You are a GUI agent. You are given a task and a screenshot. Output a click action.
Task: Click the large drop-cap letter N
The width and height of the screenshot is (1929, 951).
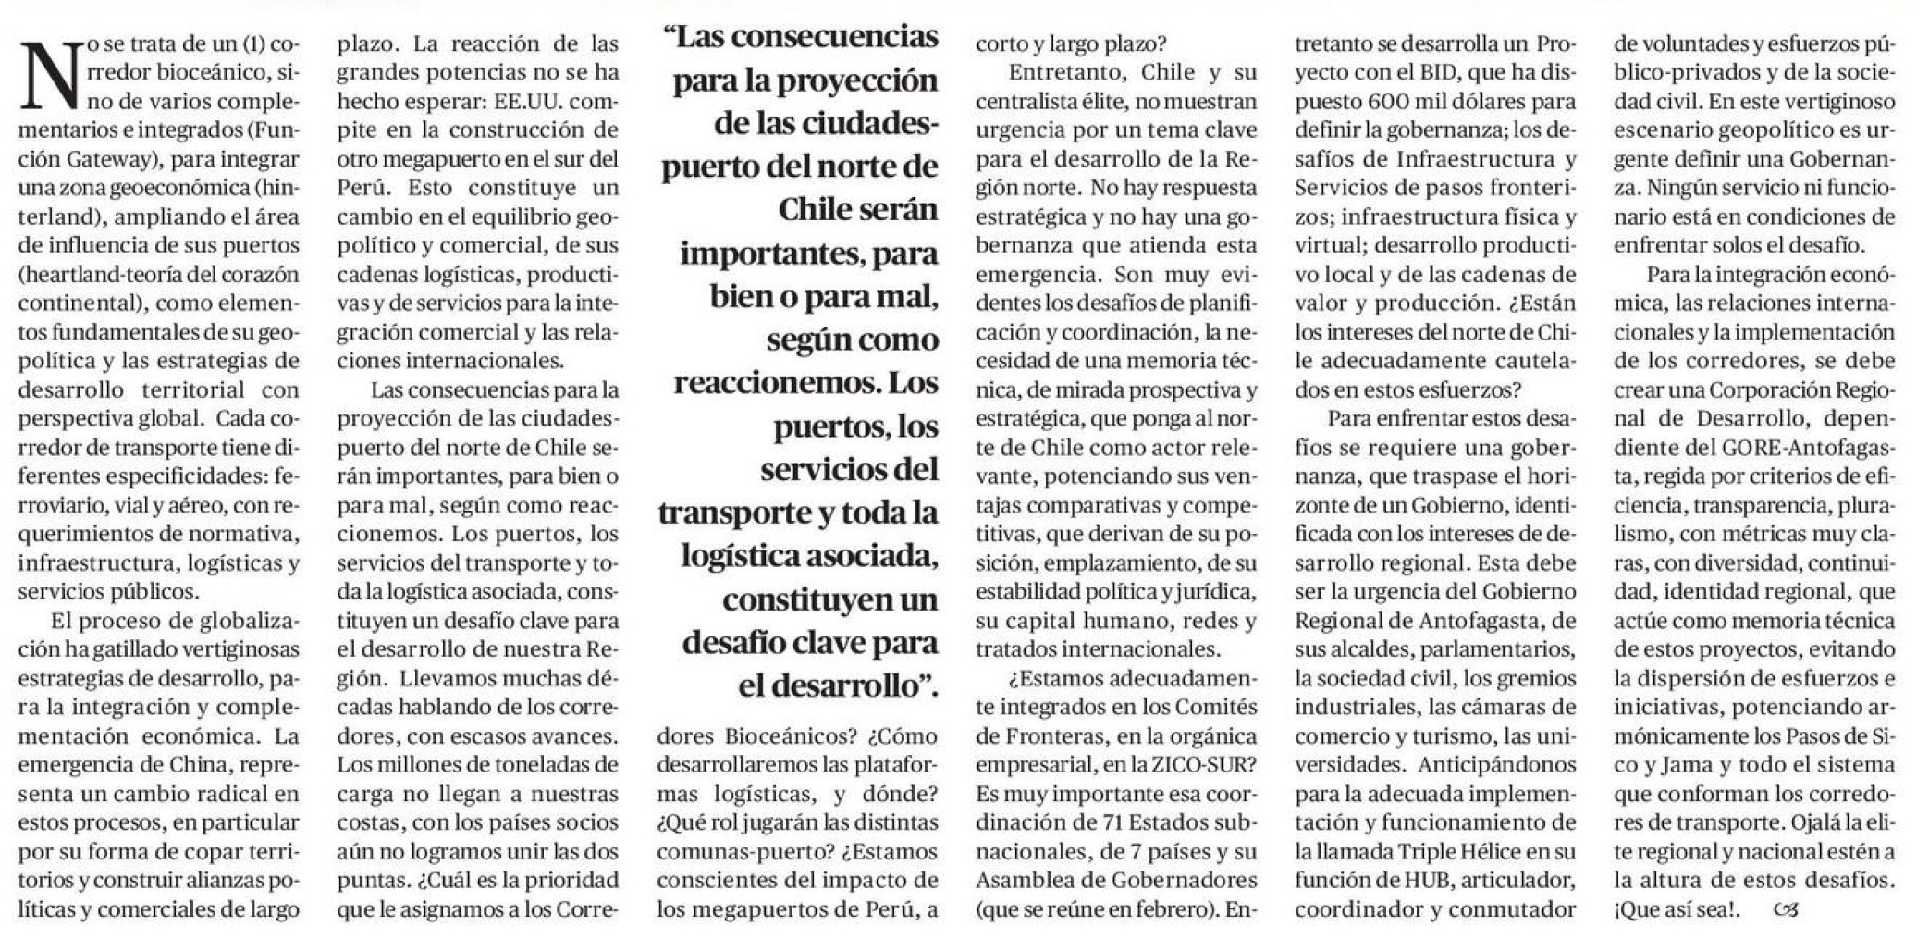[50, 73]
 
